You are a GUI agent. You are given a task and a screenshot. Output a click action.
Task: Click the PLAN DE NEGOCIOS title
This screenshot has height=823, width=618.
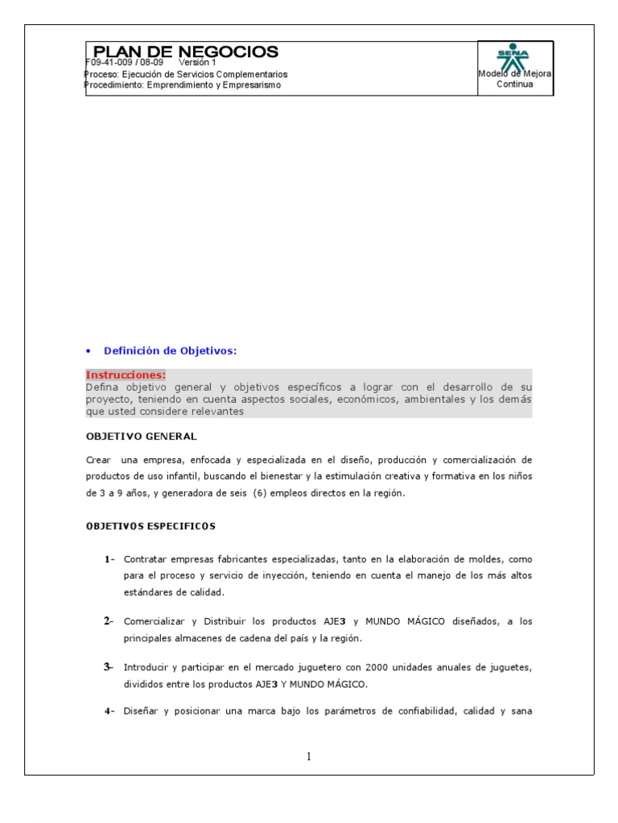coord(186,51)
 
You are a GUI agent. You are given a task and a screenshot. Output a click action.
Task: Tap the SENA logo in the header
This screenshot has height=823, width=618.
coord(515,56)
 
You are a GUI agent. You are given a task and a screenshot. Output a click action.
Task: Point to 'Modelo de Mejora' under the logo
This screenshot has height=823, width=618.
coord(514,74)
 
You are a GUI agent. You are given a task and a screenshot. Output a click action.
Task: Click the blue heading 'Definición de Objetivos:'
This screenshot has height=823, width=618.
coord(171,350)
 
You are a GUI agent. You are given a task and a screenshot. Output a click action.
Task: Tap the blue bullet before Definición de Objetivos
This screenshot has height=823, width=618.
coord(89,351)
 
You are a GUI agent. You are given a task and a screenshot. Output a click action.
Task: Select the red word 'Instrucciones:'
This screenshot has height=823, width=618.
coord(126,375)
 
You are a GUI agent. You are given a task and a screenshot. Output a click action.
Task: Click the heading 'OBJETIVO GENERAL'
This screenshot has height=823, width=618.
coord(141,436)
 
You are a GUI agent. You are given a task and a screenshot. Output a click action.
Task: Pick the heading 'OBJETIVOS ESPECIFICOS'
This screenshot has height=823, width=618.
coord(150,526)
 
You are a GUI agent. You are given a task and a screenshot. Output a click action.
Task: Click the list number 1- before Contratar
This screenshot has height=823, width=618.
coord(109,559)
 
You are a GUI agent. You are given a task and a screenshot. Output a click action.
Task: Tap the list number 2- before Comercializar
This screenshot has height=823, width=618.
coord(109,621)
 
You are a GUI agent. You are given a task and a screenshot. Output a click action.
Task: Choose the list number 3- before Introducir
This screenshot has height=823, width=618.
coord(109,667)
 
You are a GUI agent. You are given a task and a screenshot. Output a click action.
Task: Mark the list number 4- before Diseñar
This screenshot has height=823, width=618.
coord(109,711)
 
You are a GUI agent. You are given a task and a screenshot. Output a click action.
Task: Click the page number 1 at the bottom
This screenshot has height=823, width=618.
coord(309,756)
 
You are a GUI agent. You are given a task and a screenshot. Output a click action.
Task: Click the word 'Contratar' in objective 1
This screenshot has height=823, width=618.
coord(148,559)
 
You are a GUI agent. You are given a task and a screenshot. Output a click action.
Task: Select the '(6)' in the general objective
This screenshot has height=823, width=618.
coord(258,493)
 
